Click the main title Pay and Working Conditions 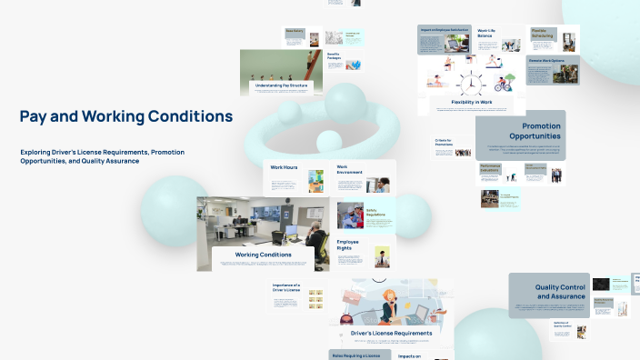coord(126,116)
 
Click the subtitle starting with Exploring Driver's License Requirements coord(102,156)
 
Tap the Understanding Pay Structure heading coord(280,85)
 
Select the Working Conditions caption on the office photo coord(264,255)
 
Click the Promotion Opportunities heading coord(528,131)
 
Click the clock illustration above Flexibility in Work coord(470,85)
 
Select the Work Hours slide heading coord(283,168)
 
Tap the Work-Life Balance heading coord(486,34)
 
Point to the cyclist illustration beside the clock coord(503,86)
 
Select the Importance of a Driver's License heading coord(286,288)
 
